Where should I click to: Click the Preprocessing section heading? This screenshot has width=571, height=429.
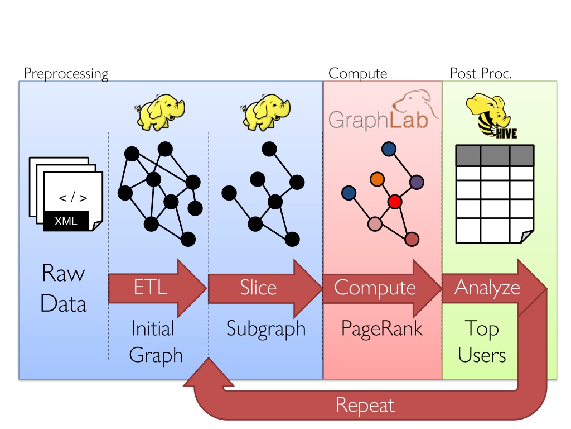[66, 74]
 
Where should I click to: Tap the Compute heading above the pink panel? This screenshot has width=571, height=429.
[357, 74]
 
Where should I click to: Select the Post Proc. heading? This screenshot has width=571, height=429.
[481, 73]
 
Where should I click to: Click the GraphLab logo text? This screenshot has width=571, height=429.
[378, 120]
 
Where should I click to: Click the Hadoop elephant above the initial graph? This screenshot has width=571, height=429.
[160, 112]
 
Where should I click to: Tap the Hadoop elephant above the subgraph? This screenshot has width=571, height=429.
[265, 112]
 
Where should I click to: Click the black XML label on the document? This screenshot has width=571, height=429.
[66, 221]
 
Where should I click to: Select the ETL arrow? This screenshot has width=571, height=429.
[157, 288]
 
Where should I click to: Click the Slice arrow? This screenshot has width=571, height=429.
[265, 288]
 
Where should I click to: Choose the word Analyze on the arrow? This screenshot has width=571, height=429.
[487, 288]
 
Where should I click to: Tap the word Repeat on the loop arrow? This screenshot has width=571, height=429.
[365, 406]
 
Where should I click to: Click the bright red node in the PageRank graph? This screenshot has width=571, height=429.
[395, 202]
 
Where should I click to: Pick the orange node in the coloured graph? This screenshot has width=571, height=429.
[378, 179]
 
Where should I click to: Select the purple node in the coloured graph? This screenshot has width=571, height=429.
[417, 182]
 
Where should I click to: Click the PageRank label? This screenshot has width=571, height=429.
[381, 328]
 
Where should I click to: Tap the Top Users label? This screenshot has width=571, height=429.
[482, 342]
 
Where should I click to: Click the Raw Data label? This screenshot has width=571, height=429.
[64, 288]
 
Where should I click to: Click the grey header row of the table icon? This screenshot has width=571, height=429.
[495, 156]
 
